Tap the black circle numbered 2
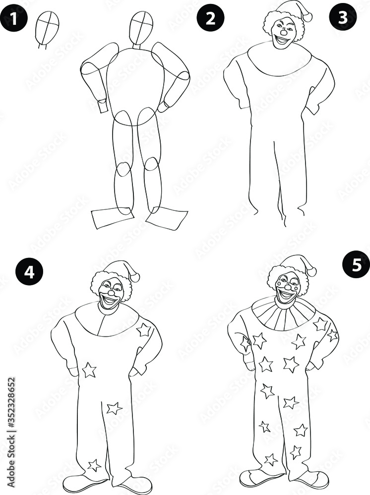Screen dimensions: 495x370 (210, 18)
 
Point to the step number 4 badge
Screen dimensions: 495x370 (29, 273)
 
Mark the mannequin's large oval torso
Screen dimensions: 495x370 (135, 82)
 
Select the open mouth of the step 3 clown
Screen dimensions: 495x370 (283, 40)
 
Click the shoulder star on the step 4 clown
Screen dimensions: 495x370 (144, 330)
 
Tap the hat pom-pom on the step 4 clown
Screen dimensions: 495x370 (135, 277)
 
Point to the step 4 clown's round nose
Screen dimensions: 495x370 (111, 293)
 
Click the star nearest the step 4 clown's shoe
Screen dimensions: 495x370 (94, 465)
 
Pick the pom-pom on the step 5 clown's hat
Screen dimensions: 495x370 (311, 272)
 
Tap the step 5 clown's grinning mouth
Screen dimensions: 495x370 (287, 296)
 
